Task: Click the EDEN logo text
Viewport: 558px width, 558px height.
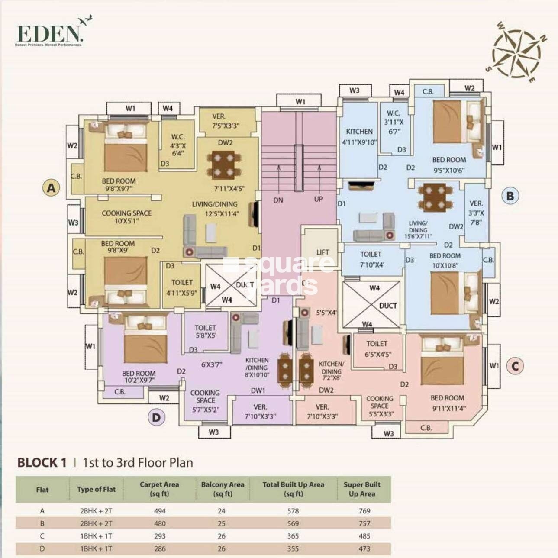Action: pos(48,33)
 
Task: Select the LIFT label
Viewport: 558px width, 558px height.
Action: pos(323,252)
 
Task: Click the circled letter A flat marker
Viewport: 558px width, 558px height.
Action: pos(52,188)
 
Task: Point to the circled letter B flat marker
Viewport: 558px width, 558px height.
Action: pos(510,196)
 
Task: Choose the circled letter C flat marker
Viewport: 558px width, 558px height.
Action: pos(515,366)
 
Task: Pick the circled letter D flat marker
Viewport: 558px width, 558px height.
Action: pos(156,418)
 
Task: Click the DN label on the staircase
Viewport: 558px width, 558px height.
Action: pos(278,200)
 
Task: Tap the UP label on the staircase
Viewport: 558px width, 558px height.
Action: pos(318,199)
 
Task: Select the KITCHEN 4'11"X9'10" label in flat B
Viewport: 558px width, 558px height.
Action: pos(359,136)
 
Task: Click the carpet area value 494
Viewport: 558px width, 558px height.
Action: pos(160,511)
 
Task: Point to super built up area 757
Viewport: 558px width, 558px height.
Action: pos(364,523)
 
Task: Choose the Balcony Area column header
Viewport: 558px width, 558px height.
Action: pos(223,489)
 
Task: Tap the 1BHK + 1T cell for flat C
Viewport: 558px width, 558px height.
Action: pos(96,536)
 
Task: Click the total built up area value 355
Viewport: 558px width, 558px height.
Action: pos(293,548)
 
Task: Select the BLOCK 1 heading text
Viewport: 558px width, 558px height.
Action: pos(42,463)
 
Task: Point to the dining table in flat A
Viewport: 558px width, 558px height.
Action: pos(223,165)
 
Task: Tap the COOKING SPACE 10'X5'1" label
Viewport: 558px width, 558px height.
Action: pos(126,217)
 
